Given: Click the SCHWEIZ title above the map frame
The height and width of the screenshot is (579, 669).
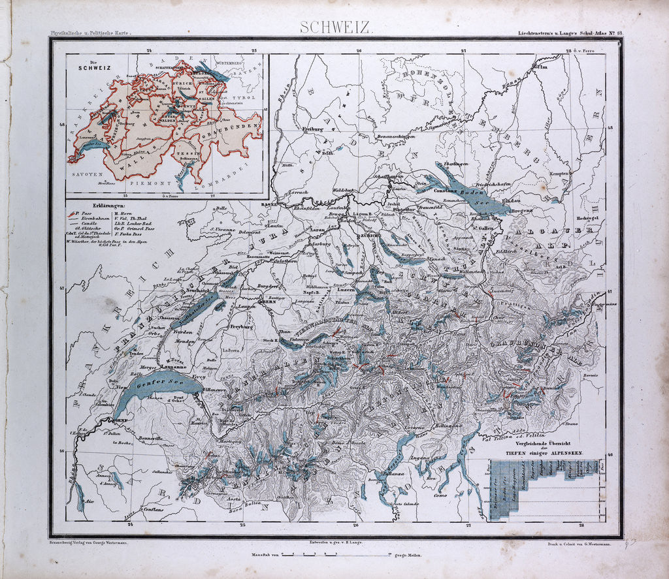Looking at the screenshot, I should (x=336, y=28).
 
